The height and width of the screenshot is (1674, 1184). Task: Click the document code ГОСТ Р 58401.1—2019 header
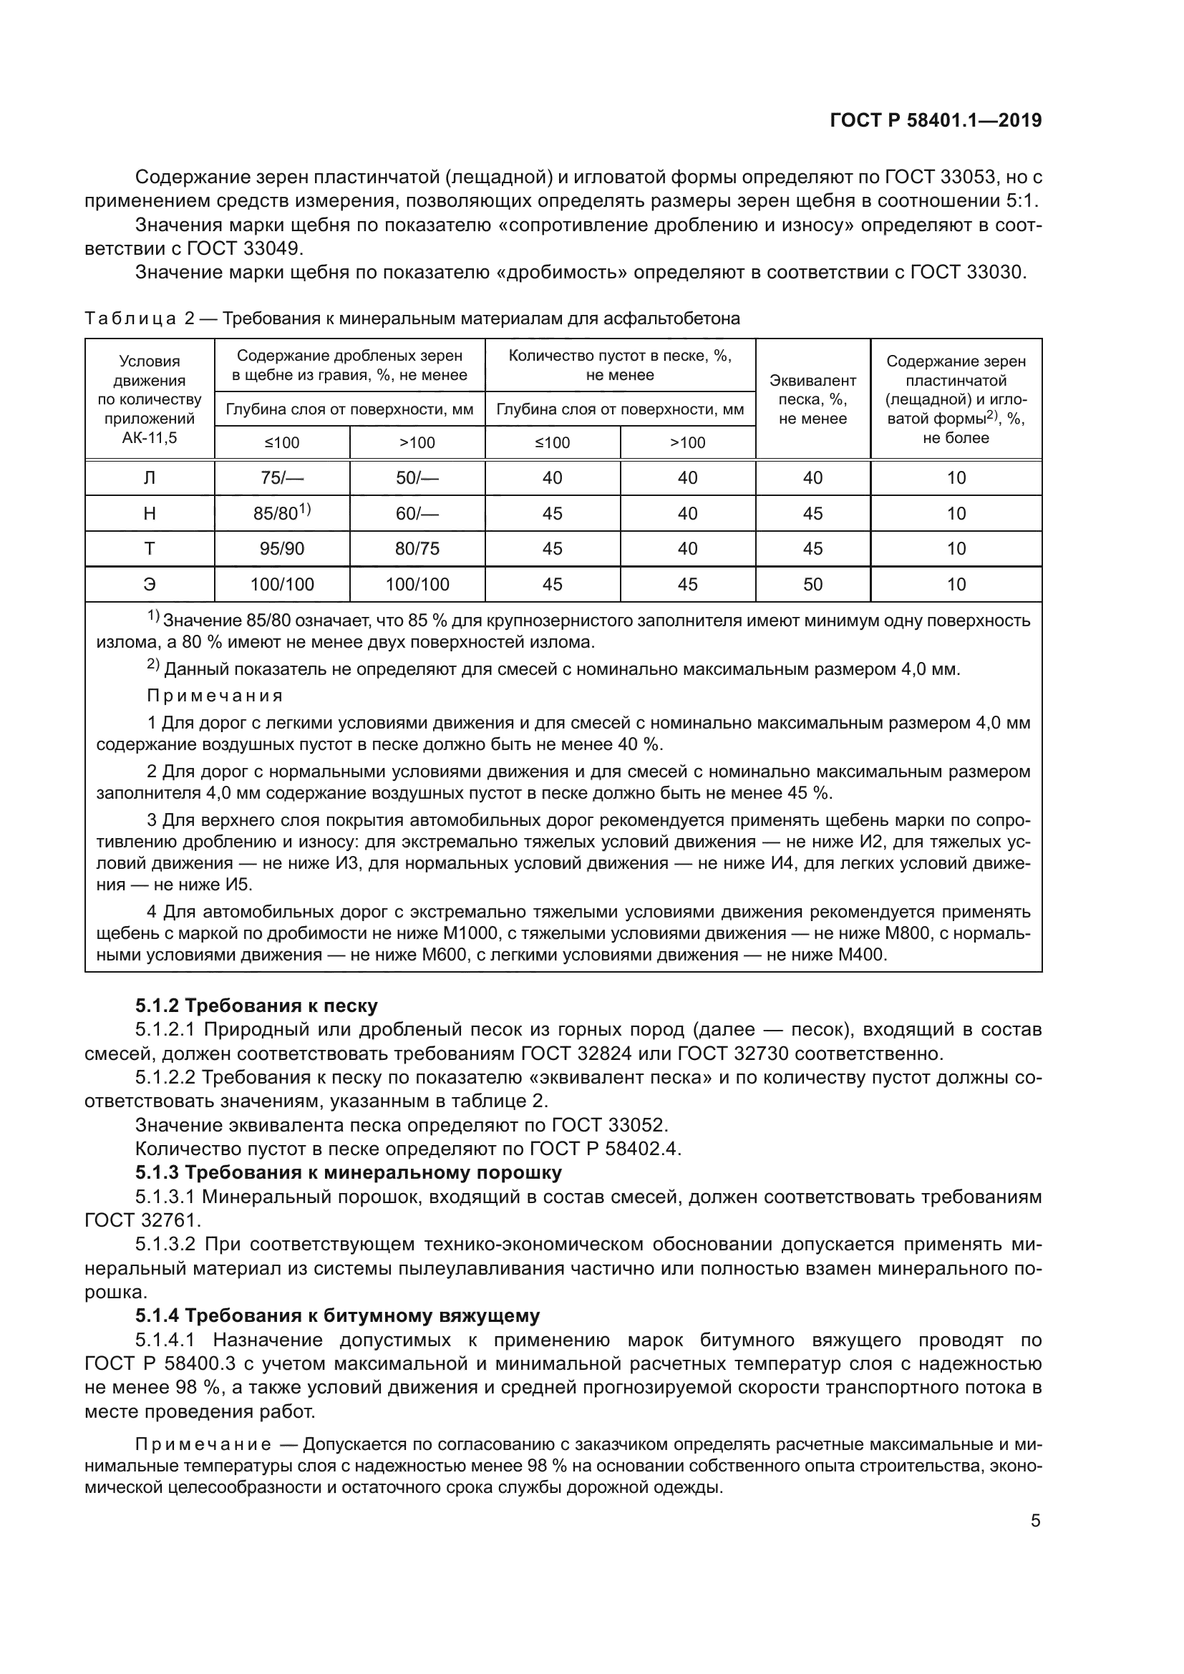[x=936, y=121]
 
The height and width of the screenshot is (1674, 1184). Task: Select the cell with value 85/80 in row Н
[x=281, y=514]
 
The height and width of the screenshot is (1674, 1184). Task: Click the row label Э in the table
[x=150, y=584]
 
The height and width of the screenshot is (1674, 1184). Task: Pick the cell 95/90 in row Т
[x=281, y=549]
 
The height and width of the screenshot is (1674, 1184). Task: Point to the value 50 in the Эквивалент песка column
[x=812, y=584]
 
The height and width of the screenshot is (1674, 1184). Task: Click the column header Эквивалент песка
[x=812, y=399]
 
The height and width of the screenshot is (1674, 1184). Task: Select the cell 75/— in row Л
[x=281, y=478]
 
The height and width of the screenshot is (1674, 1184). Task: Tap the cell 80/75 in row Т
[x=417, y=549]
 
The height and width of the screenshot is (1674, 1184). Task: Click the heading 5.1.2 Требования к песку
[x=257, y=1006]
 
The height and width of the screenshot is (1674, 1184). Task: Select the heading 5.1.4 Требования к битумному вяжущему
[x=337, y=1316]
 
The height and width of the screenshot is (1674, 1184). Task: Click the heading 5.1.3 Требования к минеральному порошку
[x=349, y=1173]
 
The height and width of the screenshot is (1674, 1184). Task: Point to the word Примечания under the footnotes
[x=215, y=696]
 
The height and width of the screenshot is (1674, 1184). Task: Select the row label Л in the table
[x=150, y=478]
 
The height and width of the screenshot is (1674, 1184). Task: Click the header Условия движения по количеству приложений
[x=150, y=399]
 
